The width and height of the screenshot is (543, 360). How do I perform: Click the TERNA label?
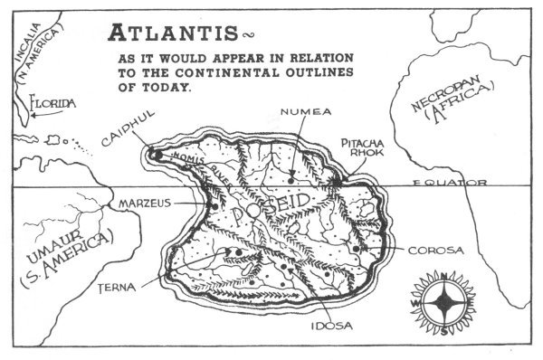pyautogui.click(x=116, y=287)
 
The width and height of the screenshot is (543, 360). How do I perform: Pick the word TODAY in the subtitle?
pyautogui.click(x=176, y=88)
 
